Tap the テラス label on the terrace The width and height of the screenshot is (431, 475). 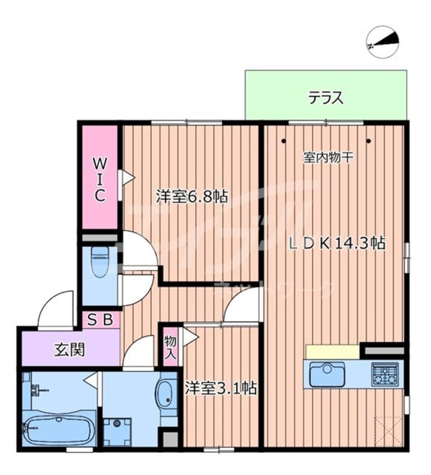coord(326,97)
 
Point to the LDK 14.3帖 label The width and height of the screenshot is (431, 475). coord(337,243)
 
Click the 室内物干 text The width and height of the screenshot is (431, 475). coord(328,158)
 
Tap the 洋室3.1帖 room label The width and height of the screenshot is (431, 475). coord(220,388)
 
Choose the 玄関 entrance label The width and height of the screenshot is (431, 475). coord(69,350)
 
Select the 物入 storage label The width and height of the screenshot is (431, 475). coord(171,347)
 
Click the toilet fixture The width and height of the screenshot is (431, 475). coord(100,261)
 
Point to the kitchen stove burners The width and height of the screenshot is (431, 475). coord(385,374)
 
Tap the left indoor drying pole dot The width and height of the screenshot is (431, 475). coord(283,141)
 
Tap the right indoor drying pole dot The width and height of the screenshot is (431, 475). coord(368,141)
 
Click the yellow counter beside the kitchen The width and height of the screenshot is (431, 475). coord(332,351)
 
